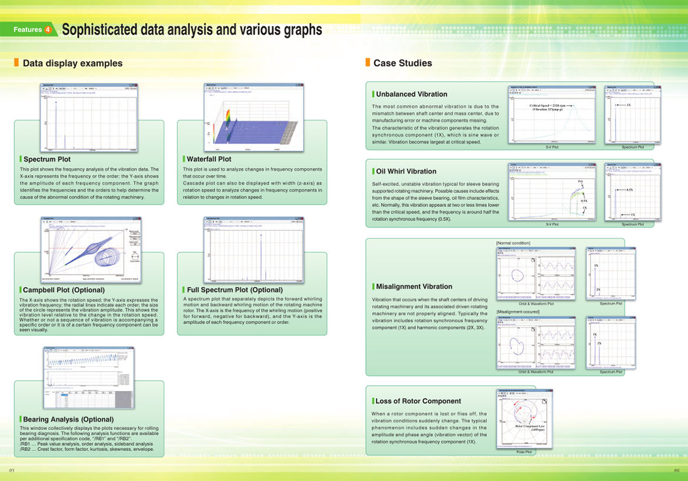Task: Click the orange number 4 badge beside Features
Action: (x=48, y=29)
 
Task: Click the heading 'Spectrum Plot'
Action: (x=47, y=159)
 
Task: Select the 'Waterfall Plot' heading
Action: (x=209, y=159)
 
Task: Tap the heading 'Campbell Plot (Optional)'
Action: (x=64, y=290)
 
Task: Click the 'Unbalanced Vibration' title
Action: (x=412, y=94)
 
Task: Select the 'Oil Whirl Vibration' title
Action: (x=406, y=171)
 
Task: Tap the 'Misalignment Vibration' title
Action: (x=414, y=286)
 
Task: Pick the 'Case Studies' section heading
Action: (x=403, y=63)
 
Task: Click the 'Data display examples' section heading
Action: (x=72, y=63)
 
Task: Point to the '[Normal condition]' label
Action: (x=513, y=243)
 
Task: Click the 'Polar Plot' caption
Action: (x=524, y=452)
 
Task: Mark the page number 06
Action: (x=676, y=470)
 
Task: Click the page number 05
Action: (x=12, y=470)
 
